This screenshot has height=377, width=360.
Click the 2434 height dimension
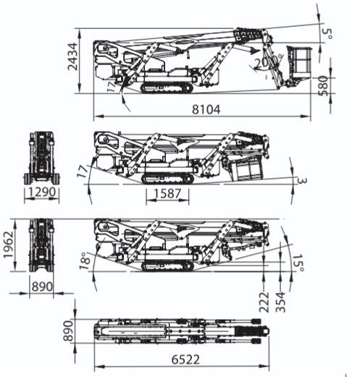coord(72,56)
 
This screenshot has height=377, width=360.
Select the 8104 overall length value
coord(206,109)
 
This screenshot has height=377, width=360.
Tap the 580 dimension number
coord(323,85)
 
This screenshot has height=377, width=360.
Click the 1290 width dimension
coord(42,192)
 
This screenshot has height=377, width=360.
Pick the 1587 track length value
coord(167,194)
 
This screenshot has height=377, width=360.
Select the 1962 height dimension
coord(8,245)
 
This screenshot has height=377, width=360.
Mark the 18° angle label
coord(85,260)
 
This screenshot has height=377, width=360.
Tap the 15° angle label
coord(298,263)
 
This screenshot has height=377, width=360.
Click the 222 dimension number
coord(264,302)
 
